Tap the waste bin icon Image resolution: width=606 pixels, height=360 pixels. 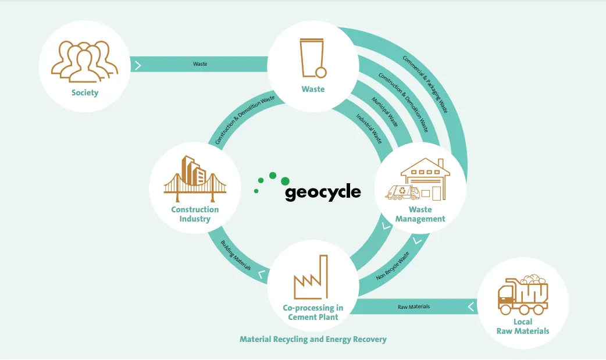click(x=313, y=58)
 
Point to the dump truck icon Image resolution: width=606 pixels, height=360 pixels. click(x=523, y=293)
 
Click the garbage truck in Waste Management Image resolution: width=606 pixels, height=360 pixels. click(x=403, y=192)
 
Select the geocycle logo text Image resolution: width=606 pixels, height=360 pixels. click(x=323, y=192)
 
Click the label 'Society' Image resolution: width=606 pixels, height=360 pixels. click(x=85, y=92)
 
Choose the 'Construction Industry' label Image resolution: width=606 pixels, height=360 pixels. click(x=195, y=214)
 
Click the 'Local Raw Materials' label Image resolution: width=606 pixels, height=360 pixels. click(x=523, y=326)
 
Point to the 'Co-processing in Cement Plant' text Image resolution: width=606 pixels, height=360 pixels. click(x=313, y=312)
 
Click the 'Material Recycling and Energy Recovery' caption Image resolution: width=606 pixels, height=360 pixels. click(x=313, y=339)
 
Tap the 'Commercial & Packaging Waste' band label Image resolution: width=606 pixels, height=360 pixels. click(x=425, y=84)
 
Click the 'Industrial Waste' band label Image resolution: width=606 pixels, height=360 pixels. click(x=369, y=128)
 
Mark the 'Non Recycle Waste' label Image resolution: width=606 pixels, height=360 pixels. click(x=393, y=266)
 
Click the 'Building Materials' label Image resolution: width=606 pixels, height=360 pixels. click(x=236, y=255)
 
